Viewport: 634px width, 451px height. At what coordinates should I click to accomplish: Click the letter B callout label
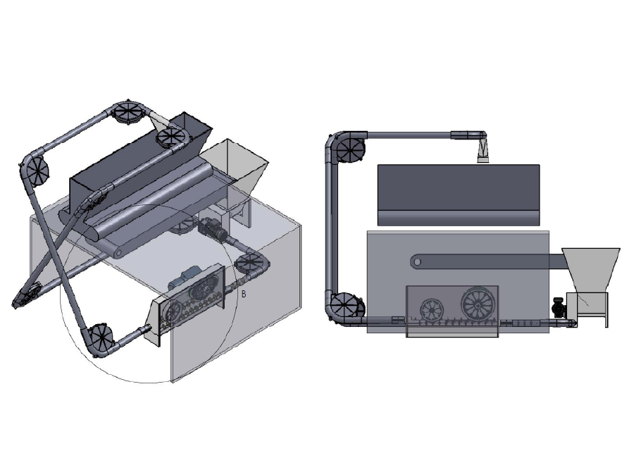(244, 294)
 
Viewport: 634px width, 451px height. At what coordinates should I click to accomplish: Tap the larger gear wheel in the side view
(478, 304)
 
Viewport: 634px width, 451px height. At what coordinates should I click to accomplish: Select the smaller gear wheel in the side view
(433, 311)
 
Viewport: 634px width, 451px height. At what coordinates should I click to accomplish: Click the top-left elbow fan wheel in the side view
(349, 149)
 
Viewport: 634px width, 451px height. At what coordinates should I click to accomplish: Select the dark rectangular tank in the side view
(459, 195)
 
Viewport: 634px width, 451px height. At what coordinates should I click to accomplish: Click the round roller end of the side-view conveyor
(417, 261)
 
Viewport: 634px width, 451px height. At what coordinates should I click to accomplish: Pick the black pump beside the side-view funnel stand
(559, 307)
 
